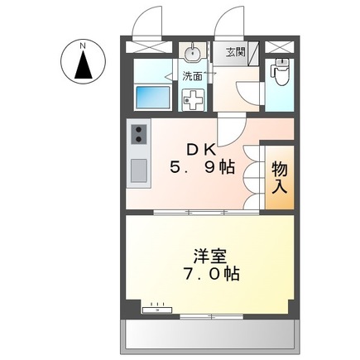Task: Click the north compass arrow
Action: click(x=84, y=65)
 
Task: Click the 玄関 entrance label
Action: click(x=235, y=52)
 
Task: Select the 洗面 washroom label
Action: click(x=193, y=76)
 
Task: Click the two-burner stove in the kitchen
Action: click(x=138, y=133)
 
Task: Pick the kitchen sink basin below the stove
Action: click(x=138, y=171)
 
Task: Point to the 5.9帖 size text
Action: click(x=203, y=168)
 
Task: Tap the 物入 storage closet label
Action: click(x=279, y=177)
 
